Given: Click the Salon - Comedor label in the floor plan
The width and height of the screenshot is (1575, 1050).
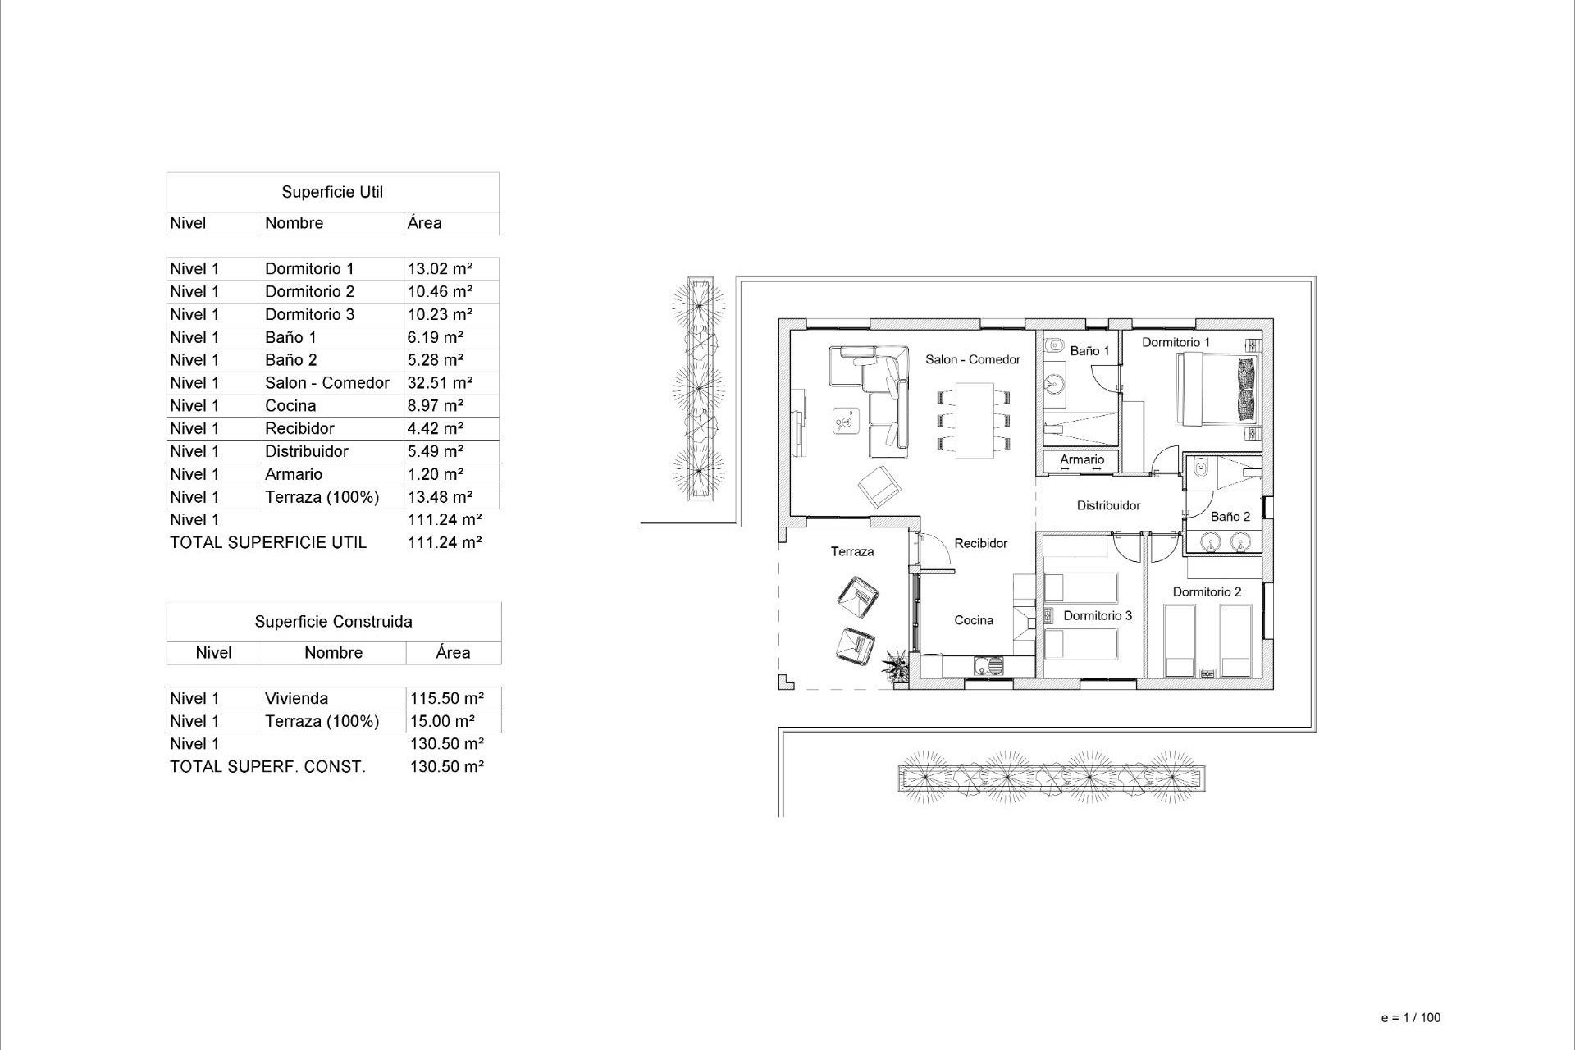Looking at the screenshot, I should (x=973, y=359).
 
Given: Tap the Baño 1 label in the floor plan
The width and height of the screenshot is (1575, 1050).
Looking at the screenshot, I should (x=1089, y=351).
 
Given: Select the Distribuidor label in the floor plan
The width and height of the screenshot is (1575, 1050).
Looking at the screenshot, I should (x=1108, y=505).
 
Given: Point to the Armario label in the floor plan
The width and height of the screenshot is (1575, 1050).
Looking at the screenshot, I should (x=1082, y=459).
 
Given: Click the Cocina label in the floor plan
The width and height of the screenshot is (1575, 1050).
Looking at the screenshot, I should (x=974, y=620).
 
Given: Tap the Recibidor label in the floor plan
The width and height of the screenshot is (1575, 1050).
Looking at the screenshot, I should (x=981, y=543).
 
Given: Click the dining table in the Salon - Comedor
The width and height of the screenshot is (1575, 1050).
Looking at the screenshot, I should (x=974, y=420).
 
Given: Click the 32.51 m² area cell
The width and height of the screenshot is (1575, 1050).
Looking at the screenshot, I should (x=440, y=383).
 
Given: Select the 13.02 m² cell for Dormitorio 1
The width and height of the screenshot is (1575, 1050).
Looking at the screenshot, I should (x=440, y=268).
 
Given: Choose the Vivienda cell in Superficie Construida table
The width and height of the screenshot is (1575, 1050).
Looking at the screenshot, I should (x=297, y=698).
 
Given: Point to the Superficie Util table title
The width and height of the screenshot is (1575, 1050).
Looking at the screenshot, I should (x=332, y=192).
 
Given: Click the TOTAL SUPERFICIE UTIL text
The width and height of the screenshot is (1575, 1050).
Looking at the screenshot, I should (x=268, y=542).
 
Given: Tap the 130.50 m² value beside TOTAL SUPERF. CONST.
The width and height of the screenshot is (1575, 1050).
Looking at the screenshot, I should (x=447, y=766).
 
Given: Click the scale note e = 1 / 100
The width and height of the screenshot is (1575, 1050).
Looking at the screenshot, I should (x=1411, y=1017).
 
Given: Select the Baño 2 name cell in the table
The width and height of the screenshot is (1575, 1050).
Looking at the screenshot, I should (x=291, y=360).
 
